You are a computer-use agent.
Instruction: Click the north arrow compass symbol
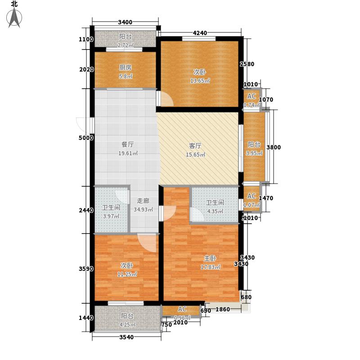pos(14,17)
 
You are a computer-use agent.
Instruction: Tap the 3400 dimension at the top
pos(125,22)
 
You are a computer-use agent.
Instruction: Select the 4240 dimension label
pos(200,33)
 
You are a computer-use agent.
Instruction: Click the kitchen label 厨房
pos(126,67)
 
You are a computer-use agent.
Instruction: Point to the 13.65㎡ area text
pos(200,81)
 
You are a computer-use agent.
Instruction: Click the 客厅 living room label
pos(195,146)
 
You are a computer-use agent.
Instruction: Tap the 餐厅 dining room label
pos(128,144)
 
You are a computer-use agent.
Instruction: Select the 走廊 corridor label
pos(143,201)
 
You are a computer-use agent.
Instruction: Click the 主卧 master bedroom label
pos(210,258)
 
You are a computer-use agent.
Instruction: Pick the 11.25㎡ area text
pos(127,274)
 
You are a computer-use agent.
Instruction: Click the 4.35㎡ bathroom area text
pos(215,211)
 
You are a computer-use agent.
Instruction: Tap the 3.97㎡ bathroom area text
pos(111,216)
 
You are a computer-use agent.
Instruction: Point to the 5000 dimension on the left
pos(86,138)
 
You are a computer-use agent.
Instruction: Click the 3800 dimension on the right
pos(274,147)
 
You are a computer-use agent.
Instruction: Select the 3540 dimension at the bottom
pos(126,337)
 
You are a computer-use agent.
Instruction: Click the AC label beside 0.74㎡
pos(252,96)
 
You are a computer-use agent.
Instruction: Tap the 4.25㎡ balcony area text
pos(127,325)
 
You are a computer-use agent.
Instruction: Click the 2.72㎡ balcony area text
pos(126,45)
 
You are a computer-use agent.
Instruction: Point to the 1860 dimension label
pos(223,309)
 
